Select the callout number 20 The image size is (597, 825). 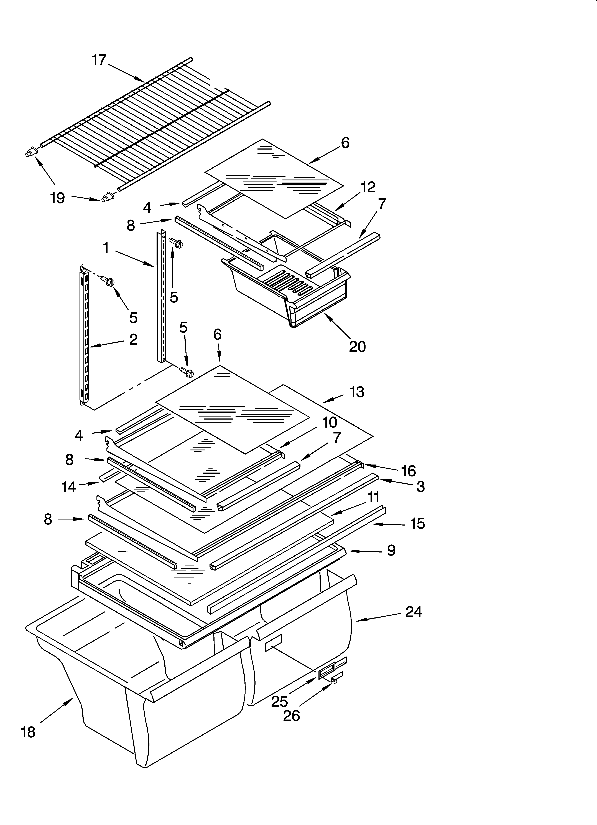[x=357, y=347]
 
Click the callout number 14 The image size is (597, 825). [x=69, y=487]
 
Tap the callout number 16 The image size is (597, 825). [x=408, y=471]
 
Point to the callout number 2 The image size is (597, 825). [x=133, y=339]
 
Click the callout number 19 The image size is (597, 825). [x=57, y=198]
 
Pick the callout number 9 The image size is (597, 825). [x=391, y=550]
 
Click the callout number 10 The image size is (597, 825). [x=329, y=422]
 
